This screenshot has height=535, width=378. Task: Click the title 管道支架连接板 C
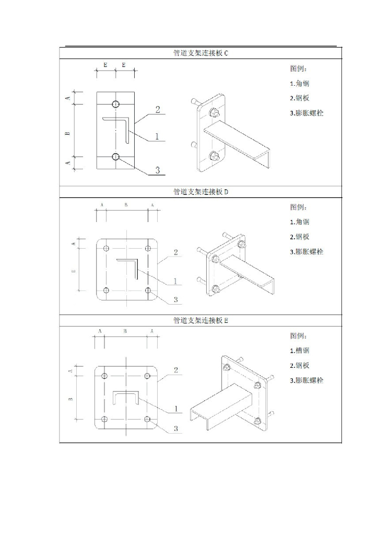click(200, 53)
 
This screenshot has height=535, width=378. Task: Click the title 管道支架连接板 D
click(200, 192)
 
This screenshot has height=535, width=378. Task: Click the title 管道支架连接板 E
click(200, 320)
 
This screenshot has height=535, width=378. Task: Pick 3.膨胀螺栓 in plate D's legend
click(306, 252)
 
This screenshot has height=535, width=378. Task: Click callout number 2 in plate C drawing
click(157, 110)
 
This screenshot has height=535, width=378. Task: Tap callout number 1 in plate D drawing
click(175, 281)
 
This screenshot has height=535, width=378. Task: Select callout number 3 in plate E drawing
click(176, 428)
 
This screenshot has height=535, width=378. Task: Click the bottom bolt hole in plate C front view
click(115, 156)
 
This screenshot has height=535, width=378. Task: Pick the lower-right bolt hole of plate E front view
click(148, 419)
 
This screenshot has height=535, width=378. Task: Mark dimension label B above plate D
click(126, 205)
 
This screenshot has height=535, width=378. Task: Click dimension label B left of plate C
click(67, 133)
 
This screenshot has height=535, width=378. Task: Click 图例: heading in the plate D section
click(299, 207)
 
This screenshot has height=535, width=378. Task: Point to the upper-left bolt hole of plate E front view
click(105, 376)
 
